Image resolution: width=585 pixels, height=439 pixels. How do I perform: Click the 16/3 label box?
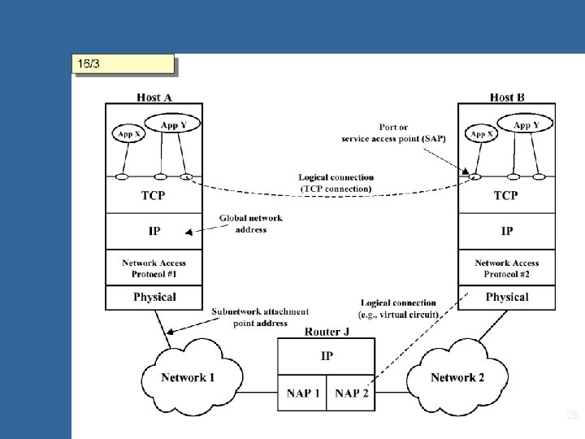123,64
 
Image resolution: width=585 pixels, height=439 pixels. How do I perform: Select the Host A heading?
154,98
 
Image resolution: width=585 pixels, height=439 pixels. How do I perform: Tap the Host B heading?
507,98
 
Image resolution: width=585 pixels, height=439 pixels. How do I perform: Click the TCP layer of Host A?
154,195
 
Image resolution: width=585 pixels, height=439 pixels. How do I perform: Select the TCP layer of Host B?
506,195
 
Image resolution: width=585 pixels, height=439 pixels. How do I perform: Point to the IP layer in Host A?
154,231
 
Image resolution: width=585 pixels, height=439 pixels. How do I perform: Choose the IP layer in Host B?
506,231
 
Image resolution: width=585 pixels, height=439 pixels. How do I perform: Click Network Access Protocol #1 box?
154,268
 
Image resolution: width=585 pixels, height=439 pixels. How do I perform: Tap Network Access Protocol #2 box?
506,268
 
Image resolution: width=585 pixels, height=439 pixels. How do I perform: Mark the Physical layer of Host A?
154,298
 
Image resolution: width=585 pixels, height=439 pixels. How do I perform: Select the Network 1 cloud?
188,377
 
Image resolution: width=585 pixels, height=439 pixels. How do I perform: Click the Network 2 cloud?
457,377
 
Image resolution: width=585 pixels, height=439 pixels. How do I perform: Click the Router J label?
327,332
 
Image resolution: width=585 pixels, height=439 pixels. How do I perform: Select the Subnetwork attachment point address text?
260,317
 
